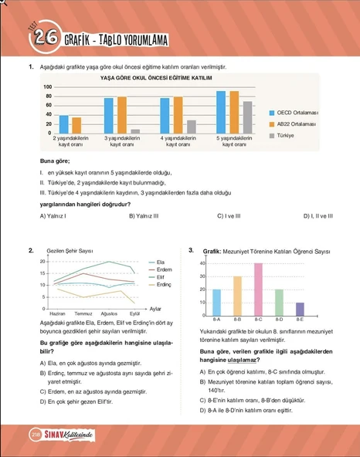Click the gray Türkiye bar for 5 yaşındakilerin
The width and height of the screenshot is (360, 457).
tap(246, 117)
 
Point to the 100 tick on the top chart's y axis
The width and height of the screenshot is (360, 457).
tap(48, 87)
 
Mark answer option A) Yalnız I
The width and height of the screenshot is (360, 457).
tap(53, 216)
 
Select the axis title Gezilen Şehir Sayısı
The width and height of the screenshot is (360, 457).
tap(70, 252)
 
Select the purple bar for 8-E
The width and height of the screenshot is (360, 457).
tap(300, 308)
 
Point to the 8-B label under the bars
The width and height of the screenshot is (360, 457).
tap(237, 318)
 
